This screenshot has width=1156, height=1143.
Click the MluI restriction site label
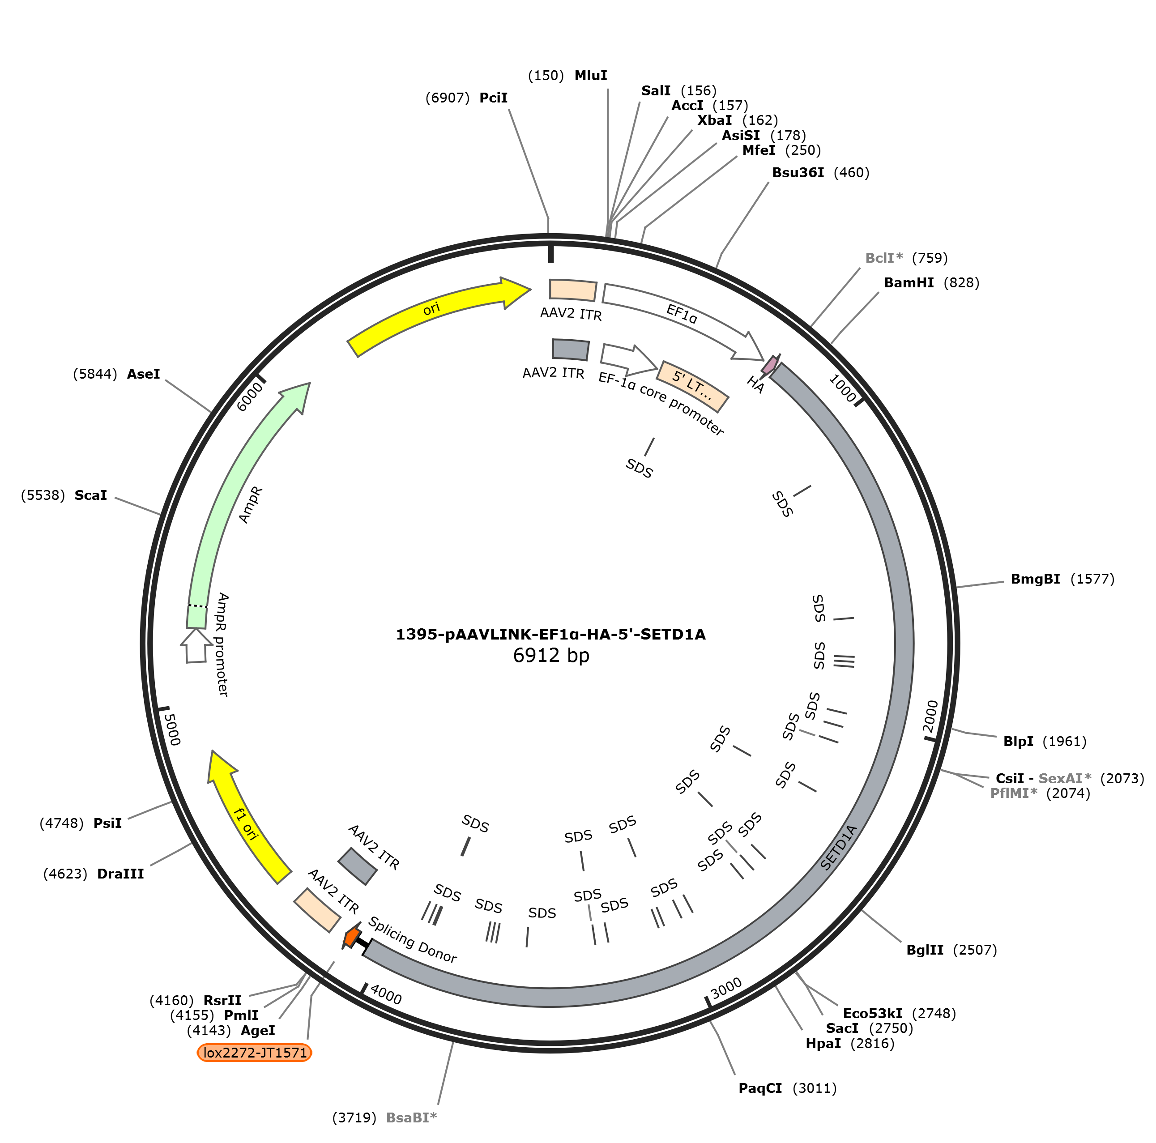[x=591, y=75]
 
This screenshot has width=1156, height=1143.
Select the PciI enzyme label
[x=493, y=98]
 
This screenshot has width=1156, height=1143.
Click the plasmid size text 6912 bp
[x=551, y=656]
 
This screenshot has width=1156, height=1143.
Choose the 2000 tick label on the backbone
[x=930, y=716]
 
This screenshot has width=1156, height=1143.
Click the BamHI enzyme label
[x=909, y=282]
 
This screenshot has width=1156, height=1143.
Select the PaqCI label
[x=760, y=1088]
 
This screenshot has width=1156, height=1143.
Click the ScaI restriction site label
[x=91, y=495]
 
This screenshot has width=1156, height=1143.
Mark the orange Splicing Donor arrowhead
[x=351, y=937]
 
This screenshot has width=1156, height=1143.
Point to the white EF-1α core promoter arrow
[x=628, y=358]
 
